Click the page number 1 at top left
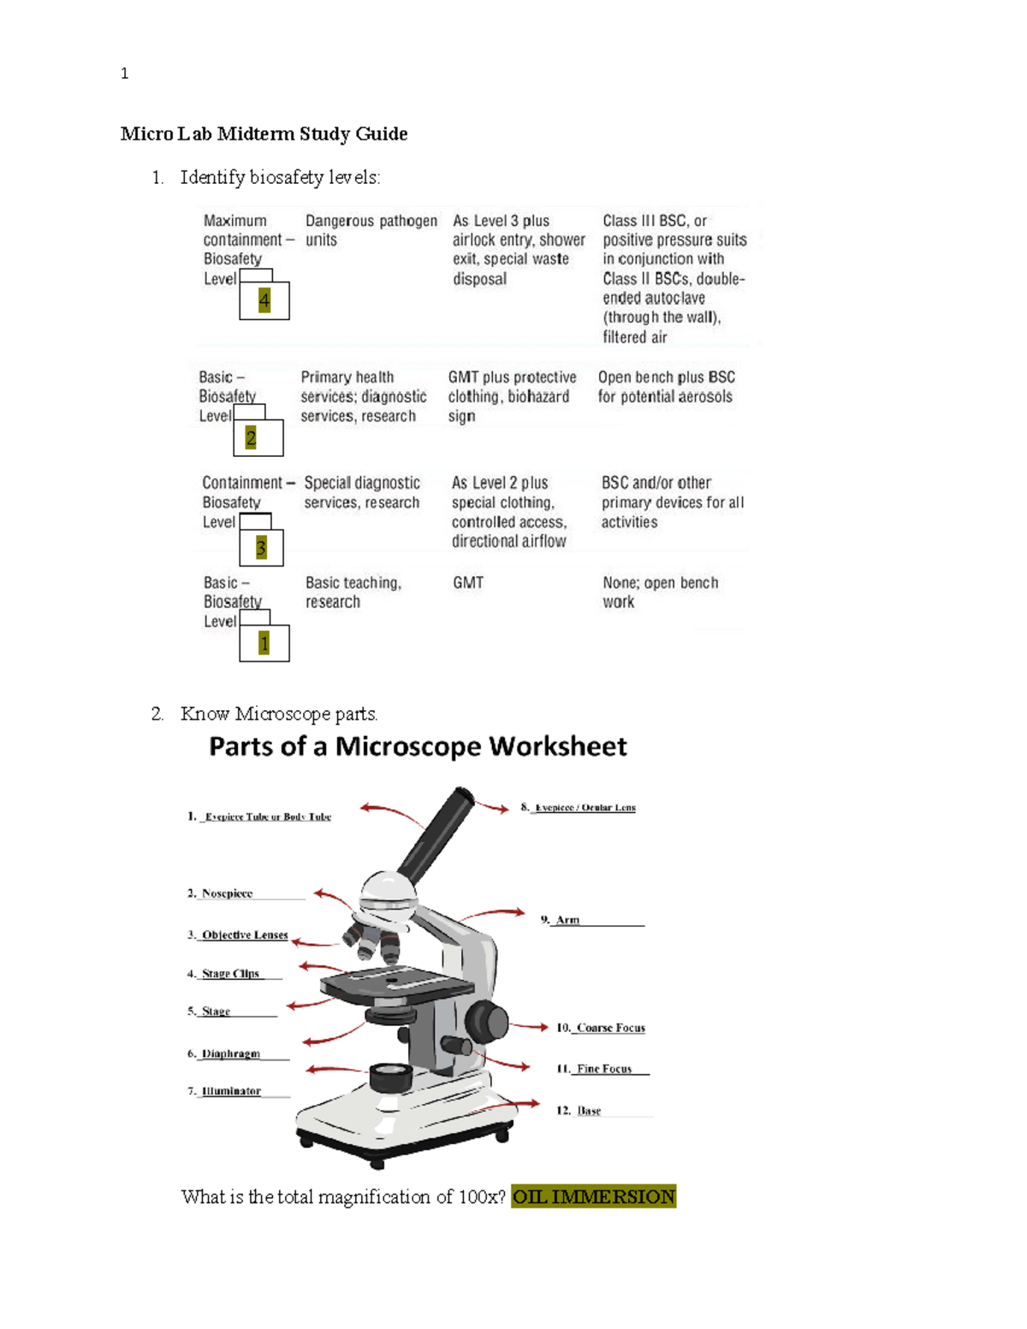[125, 74]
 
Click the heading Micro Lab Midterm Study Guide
[264, 133]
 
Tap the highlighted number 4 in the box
[264, 300]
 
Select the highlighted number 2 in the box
[251, 438]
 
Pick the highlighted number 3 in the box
[261, 547]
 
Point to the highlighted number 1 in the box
[264, 643]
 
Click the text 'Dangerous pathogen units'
[371, 230]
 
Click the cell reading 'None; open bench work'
[660, 592]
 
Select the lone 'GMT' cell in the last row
[468, 583]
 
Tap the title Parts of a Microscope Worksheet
[418, 746]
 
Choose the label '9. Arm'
[567, 920]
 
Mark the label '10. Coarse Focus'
[609, 1028]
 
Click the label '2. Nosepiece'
[226, 893]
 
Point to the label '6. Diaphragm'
[229, 1053]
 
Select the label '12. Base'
[588, 1111]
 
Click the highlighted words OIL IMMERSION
[593, 1196]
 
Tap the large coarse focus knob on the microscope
[486, 1020]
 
